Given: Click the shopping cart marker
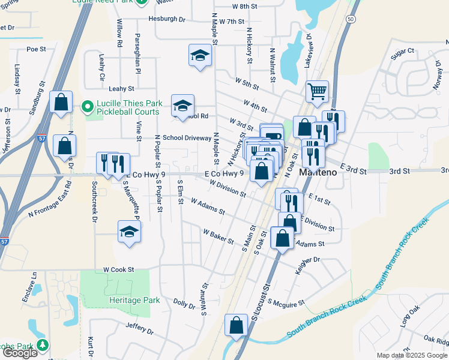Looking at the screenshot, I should (317, 92).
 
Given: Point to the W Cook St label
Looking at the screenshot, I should (118, 270).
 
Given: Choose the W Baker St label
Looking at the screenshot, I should (218, 235).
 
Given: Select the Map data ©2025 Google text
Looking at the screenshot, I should (411, 355).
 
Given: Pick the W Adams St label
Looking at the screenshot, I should (207, 208).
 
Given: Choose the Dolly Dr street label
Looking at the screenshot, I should (184, 304).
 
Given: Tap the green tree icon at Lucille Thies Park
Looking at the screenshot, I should (87, 107).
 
